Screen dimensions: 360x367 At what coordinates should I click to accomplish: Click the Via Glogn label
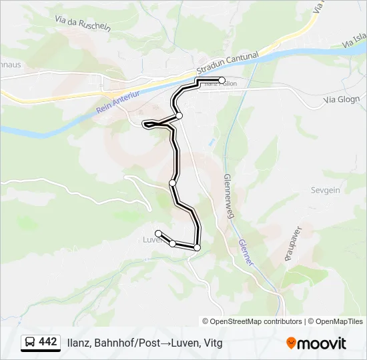click(x=340, y=99)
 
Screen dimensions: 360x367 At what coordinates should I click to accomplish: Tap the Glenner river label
click(x=245, y=253)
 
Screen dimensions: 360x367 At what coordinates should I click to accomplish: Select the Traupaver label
click(x=290, y=244)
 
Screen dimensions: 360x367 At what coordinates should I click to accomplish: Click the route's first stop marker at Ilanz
click(x=222, y=80)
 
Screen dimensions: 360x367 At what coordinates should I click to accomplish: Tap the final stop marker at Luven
click(x=158, y=233)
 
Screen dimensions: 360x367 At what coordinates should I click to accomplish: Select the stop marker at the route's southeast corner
click(x=197, y=247)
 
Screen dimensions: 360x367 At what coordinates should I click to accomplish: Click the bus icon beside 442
click(x=30, y=343)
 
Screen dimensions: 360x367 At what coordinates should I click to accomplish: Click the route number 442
click(x=48, y=342)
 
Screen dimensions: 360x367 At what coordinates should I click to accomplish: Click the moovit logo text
click(x=323, y=343)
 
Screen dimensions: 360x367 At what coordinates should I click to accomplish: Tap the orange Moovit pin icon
click(x=292, y=343)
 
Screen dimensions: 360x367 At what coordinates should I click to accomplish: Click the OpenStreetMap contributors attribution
click(x=256, y=321)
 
